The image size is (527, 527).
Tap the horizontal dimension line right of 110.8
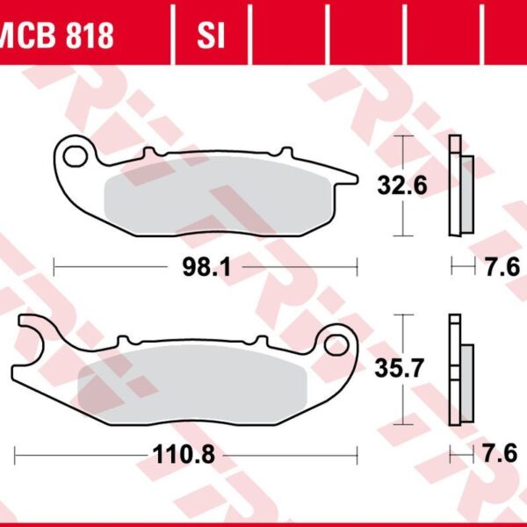(290, 454)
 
